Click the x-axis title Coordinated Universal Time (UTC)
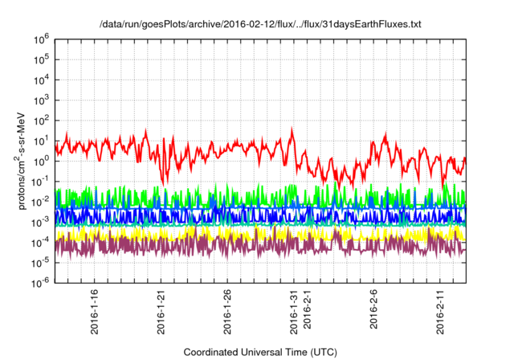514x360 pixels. coord(260,352)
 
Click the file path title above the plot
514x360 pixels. coord(260,25)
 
